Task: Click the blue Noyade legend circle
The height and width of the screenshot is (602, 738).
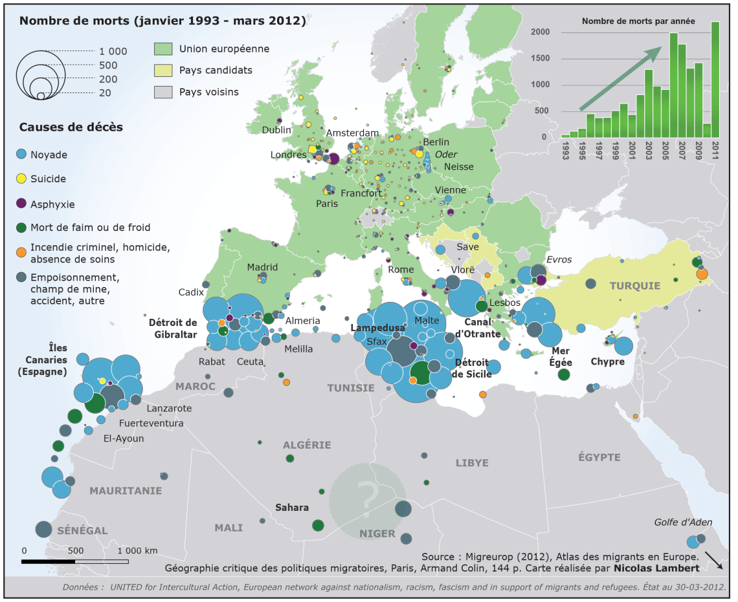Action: [21, 155]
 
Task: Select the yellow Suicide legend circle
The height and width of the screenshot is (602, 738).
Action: [21, 178]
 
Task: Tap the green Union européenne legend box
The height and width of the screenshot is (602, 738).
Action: [162, 48]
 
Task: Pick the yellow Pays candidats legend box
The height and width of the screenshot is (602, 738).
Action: [162, 70]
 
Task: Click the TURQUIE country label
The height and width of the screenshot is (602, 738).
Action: [634, 286]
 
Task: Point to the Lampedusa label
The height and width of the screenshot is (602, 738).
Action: [377, 328]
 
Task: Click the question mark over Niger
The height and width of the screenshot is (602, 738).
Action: [368, 497]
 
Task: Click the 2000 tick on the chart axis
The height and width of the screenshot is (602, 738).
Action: [541, 32]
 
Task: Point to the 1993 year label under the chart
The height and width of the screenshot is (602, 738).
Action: [566, 152]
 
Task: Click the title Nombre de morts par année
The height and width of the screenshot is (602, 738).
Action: [638, 21]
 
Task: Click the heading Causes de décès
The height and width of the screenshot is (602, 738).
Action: [71, 127]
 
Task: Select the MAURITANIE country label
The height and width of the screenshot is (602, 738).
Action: [126, 491]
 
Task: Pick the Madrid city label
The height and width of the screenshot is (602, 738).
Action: [262, 267]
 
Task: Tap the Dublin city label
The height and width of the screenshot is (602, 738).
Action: [276, 130]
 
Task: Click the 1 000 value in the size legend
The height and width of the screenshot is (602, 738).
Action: [113, 52]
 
